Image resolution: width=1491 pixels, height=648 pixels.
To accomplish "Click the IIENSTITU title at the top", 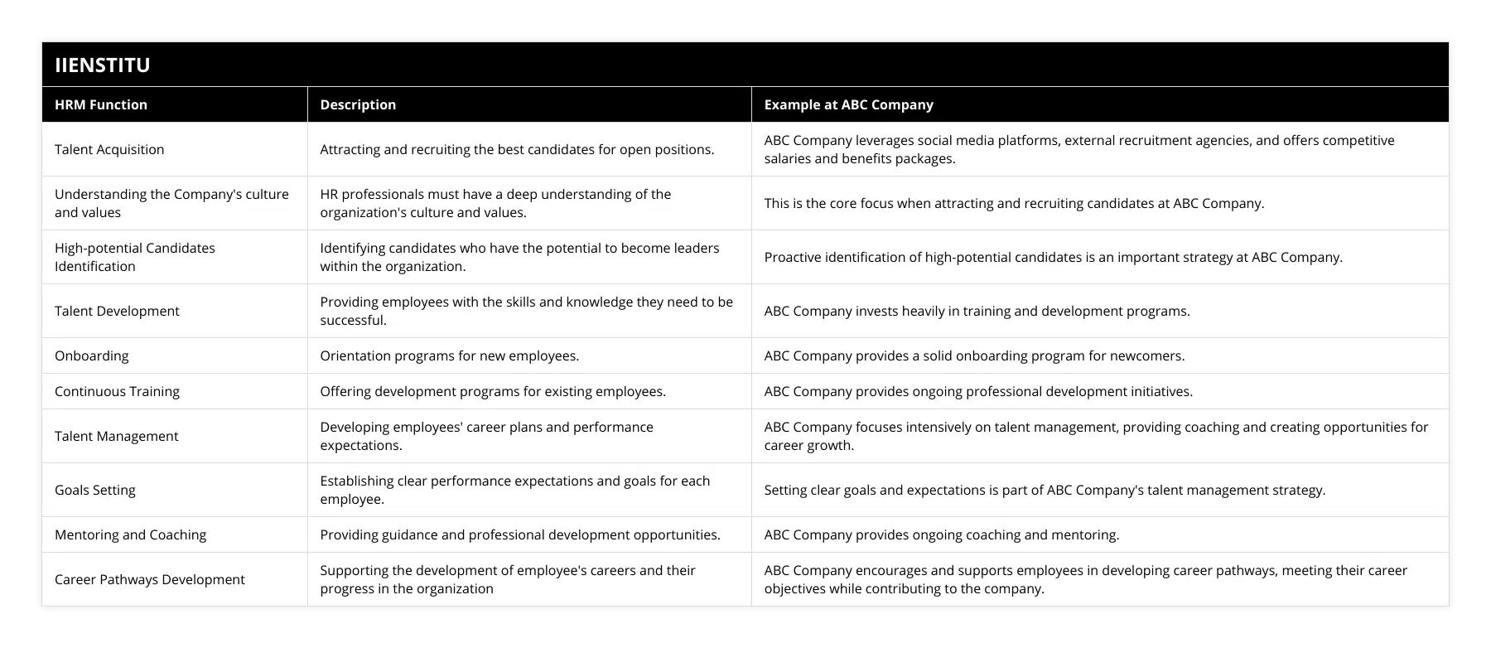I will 102,65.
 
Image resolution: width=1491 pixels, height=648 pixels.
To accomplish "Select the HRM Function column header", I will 101,104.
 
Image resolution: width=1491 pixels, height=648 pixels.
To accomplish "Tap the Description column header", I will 358,104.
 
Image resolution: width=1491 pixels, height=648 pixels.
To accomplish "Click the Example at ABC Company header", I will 848,104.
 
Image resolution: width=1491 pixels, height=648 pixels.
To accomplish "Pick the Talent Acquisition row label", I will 109,149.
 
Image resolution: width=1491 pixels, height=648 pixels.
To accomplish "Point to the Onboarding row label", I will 92,355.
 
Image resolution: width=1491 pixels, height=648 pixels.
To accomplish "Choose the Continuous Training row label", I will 117,391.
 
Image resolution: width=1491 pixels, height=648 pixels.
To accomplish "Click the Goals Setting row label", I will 95,490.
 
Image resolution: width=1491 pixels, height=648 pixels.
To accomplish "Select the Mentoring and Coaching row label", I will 130,534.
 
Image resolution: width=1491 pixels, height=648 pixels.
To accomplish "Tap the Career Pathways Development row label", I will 150,579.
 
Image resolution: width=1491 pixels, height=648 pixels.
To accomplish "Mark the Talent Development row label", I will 117,311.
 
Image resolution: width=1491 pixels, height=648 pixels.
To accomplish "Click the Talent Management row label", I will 116,436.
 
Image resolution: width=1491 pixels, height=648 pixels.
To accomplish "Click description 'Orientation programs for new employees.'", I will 449,355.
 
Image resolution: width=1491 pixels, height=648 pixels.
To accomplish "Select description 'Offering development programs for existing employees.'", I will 493,391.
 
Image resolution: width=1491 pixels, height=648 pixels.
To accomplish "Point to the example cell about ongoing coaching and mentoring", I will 941,534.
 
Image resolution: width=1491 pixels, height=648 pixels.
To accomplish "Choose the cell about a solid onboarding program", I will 974,355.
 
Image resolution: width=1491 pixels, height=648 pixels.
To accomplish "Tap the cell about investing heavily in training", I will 977,311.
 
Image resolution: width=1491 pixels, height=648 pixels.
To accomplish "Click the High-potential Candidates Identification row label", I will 135,257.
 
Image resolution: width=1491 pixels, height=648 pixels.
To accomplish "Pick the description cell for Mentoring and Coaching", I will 520,534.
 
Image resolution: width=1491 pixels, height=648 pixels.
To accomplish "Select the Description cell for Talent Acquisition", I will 517,149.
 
